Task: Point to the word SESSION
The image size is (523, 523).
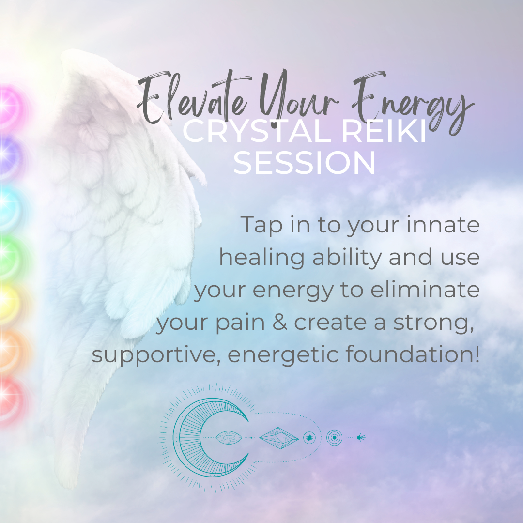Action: click(304, 163)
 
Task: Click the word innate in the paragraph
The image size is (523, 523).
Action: click(443, 225)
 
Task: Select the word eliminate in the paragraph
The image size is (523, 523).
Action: click(425, 290)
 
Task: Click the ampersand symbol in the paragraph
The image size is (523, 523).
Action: click(280, 322)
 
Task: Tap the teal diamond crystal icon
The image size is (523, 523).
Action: click(279, 438)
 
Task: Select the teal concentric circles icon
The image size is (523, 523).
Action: click(334, 438)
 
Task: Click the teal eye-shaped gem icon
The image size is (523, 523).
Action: click(229, 438)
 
